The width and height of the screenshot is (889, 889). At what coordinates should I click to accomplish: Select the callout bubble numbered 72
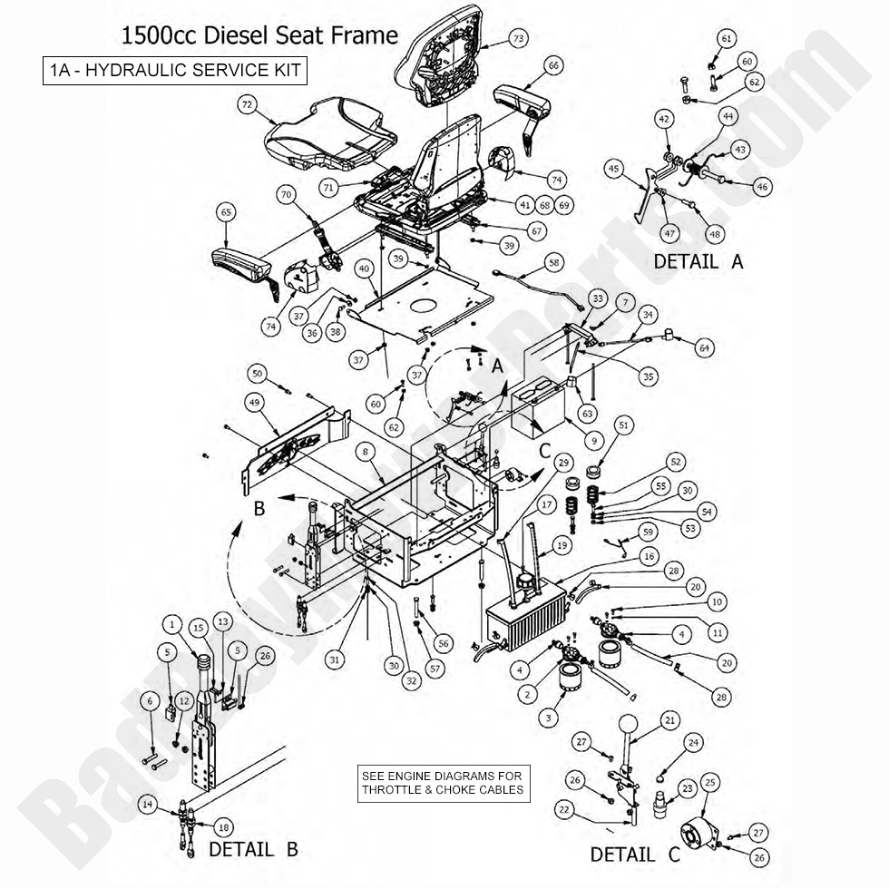(x=246, y=105)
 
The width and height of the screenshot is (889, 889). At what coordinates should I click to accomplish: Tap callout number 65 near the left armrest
(x=227, y=211)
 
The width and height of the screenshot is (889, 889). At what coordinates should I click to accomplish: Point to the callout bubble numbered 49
(x=255, y=403)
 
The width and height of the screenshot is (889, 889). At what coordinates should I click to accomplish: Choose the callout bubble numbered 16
(x=648, y=556)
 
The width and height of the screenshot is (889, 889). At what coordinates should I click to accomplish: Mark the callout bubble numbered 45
(x=639, y=168)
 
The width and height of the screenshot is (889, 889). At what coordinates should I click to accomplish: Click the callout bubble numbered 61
(x=727, y=39)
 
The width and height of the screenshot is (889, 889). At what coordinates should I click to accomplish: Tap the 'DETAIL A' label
(x=698, y=261)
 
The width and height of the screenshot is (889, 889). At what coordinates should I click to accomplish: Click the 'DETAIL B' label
(x=253, y=850)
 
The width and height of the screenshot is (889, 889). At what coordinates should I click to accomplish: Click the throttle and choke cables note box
(x=442, y=783)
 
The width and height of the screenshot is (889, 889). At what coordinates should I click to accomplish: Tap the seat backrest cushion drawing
(x=444, y=54)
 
